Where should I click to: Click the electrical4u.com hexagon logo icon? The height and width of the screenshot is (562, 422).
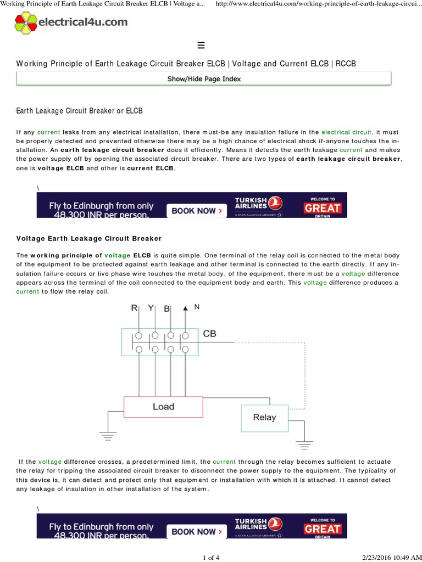click(26, 23)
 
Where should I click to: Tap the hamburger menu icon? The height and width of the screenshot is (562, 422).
click(201, 45)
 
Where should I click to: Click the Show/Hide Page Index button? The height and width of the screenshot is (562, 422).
click(204, 79)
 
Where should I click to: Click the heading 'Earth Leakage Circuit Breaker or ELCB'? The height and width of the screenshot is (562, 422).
click(79, 111)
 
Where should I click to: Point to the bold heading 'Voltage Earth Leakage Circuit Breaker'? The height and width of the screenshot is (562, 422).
click(89, 239)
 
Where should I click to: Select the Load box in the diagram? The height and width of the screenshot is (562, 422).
click(163, 407)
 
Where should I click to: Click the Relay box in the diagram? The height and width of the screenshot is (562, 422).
click(264, 418)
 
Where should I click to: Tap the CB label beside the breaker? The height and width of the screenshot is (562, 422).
click(209, 334)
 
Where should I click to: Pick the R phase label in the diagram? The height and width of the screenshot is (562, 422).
click(134, 308)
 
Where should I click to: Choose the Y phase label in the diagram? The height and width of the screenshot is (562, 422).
click(151, 308)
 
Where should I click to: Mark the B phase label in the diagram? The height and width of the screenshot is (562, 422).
click(167, 309)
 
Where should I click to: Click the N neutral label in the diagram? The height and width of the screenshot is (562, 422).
click(197, 307)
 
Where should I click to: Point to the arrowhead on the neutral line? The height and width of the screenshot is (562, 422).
click(185, 308)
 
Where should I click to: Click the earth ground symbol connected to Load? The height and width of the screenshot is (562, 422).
click(108, 437)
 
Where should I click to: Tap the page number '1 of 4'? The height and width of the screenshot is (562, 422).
click(211, 558)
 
